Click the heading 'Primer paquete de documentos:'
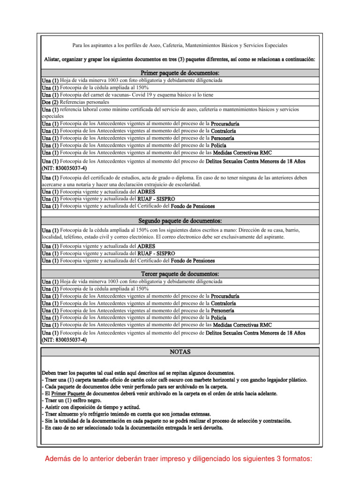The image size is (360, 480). click(x=180, y=74)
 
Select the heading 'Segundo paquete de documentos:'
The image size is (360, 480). click(x=180, y=221)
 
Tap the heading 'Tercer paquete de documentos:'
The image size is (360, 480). click(x=180, y=274)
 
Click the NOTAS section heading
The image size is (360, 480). click(x=180, y=352)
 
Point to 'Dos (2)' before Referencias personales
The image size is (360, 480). click(x=50, y=102)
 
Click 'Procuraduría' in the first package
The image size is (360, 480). click(x=228, y=124)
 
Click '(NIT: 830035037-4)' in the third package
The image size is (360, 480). click(x=64, y=340)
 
